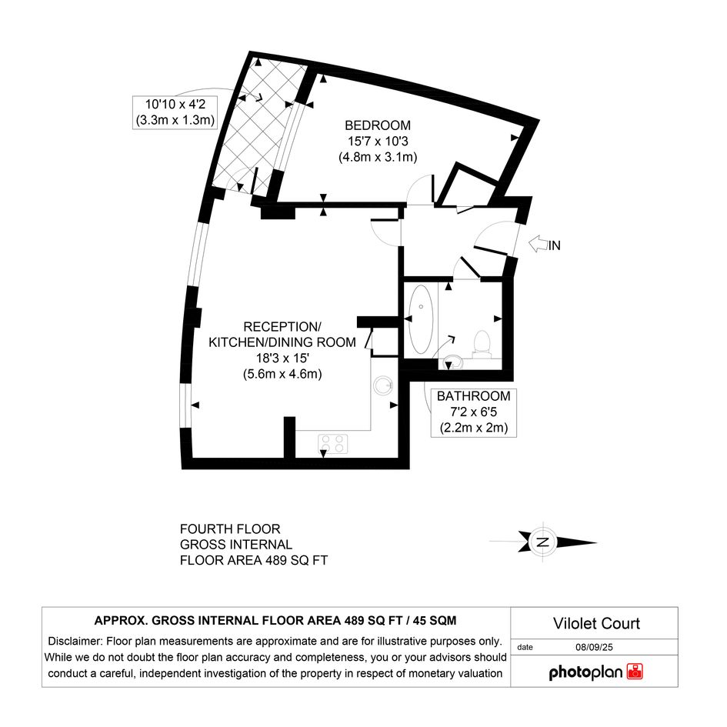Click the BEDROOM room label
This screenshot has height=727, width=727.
[378, 125]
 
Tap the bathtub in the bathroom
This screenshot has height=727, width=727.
[422, 319]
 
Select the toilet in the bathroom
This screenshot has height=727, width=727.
[482, 345]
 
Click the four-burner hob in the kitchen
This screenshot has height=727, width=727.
[333, 444]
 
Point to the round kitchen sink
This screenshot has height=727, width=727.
[384, 385]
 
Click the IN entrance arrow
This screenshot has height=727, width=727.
[538, 245]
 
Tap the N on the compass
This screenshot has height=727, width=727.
[542, 542]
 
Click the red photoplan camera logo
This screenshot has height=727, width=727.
[635, 672]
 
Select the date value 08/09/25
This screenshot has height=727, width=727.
[594, 647]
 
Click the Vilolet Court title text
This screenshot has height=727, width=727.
[596, 623]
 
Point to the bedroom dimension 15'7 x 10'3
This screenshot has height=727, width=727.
[378, 141]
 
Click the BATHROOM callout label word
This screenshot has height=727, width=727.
[473, 396]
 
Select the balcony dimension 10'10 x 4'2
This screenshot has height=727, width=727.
[175, 105]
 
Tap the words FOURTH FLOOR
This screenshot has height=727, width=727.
[230, 529]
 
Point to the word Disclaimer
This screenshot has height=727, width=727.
[75, 642]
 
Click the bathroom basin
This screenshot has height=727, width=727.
[452, 362]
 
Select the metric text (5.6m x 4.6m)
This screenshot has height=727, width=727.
[282, 374]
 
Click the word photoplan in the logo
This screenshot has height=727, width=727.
[585, 672]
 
